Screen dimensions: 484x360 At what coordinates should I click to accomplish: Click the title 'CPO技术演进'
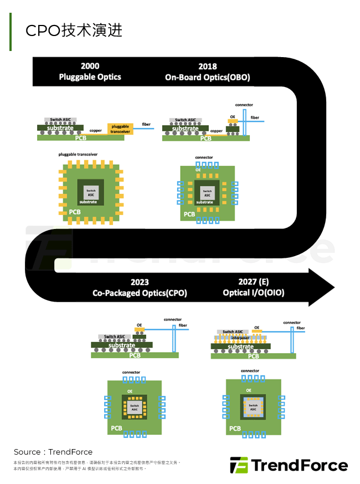point(74,30)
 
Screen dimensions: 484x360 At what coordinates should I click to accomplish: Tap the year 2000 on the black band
point(90,67)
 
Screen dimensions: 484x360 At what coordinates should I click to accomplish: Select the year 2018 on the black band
point(207,67)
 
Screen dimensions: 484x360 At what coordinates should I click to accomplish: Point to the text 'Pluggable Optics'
point(90,77)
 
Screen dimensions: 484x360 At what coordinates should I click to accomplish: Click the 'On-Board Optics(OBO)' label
point(207,78)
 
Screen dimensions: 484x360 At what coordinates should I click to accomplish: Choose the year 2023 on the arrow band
point(140,282)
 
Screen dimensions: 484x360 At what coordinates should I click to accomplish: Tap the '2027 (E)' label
point(254,282)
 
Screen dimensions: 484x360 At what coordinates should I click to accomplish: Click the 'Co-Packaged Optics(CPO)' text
point(140,293)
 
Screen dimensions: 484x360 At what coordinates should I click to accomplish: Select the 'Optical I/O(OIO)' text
point(254,293)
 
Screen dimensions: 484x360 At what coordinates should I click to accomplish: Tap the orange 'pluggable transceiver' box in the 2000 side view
point(120,129)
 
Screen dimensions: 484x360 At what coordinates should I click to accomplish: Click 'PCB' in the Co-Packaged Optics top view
point(116,428)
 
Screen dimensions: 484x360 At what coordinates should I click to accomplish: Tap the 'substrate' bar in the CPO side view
point(122,345)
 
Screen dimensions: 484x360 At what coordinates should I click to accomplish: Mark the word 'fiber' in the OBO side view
point(255,118)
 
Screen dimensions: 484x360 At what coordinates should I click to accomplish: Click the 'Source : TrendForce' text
point(53,452)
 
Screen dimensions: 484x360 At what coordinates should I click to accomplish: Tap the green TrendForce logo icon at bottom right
point(239,465)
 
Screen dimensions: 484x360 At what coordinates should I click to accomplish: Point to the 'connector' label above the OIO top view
point(250,371)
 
